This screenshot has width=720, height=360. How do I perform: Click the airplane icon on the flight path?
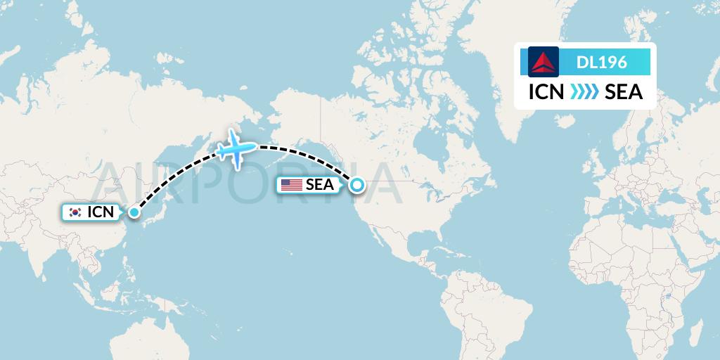pyautogui.click(x=236, y=148)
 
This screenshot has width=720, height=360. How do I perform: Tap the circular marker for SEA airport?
pyautogui.click(x=357, y=185)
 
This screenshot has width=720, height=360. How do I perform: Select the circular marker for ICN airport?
pyautogui.click(x=134, y=211)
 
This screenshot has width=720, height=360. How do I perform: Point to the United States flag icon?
pyautogui.click(x=291, y=185)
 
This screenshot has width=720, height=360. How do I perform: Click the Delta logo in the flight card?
pyautogui.click(x=543, y=62)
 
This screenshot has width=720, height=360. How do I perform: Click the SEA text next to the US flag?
pyautogui.click(x=319, y=185)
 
